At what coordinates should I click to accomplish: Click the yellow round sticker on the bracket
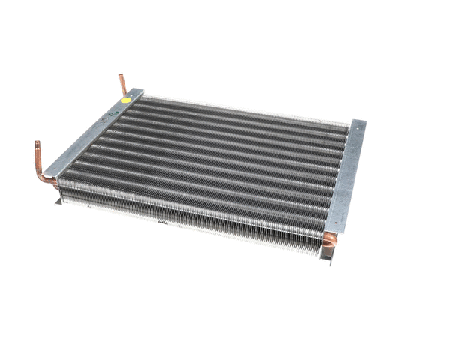click(125, 97)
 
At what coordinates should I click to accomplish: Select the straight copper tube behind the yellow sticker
click(122, 83)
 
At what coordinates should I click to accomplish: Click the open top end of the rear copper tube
click(121, 75)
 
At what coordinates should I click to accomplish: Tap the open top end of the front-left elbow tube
click(35, 143)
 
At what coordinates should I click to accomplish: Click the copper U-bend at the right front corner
click(329, 240)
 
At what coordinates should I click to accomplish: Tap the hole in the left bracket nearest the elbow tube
click(58, 169)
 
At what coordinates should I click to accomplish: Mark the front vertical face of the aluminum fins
click(187, 217)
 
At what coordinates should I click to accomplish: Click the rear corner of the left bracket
click(141, 88)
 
